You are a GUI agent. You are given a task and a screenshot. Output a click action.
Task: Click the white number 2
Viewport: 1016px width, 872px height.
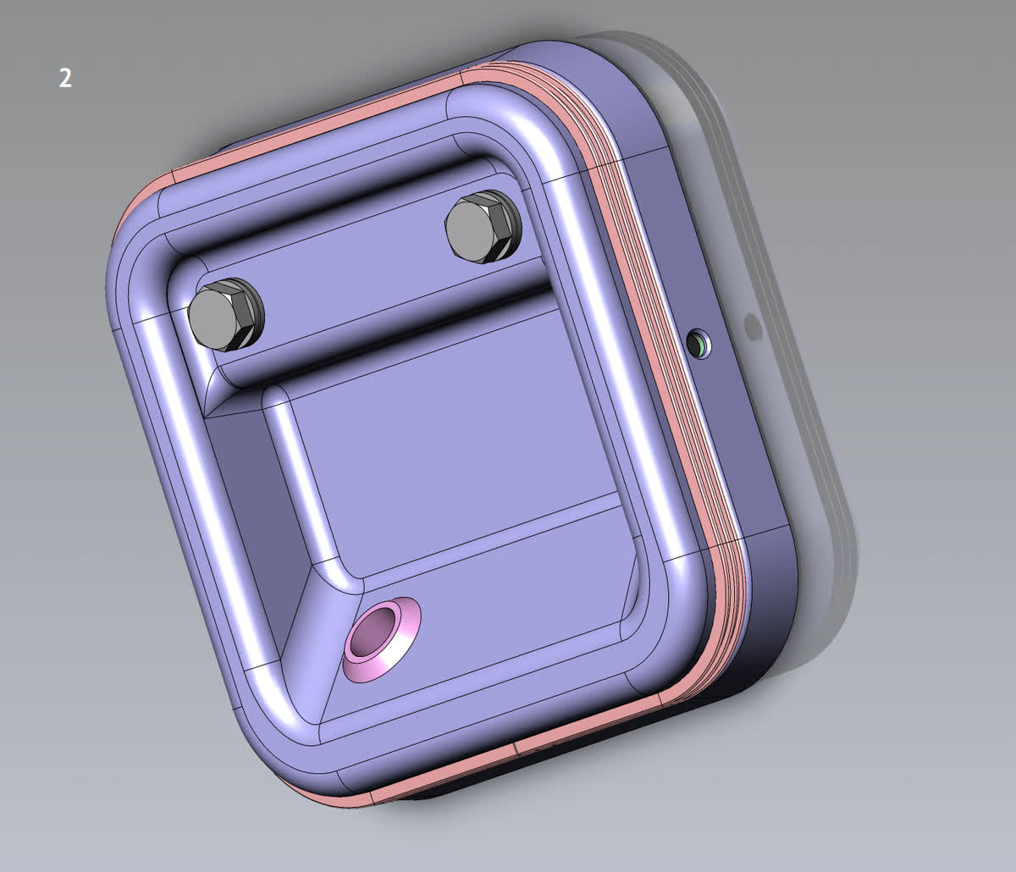point(65,78)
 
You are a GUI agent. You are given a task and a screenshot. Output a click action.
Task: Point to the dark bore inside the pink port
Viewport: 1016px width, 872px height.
point(373,632)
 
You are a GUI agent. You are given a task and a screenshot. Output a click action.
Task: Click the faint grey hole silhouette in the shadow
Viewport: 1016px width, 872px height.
point(753,328)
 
